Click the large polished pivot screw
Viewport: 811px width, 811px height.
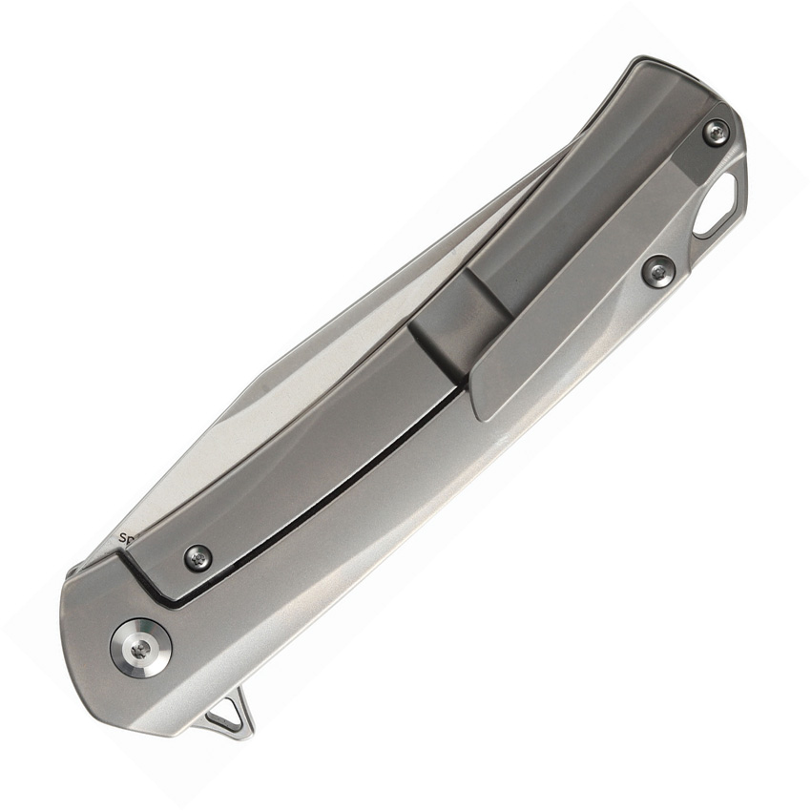pos(143,648)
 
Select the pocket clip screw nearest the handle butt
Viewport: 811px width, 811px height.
pos(717,133)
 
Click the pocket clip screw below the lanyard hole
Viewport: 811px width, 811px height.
pos(657,272)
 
